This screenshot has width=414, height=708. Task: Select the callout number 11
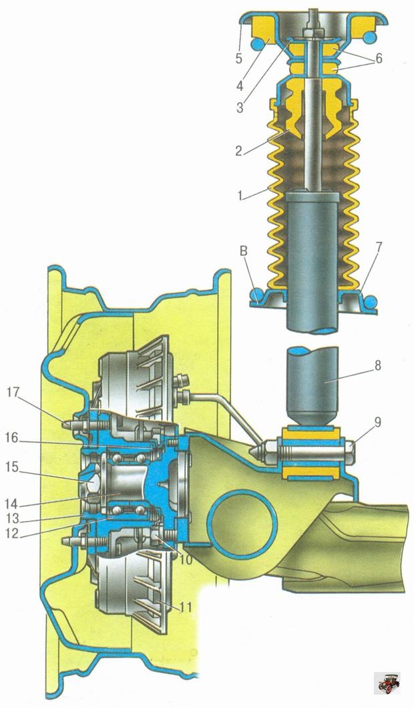185,607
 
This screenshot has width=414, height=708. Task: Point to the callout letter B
244,252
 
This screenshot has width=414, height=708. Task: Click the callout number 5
239,58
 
